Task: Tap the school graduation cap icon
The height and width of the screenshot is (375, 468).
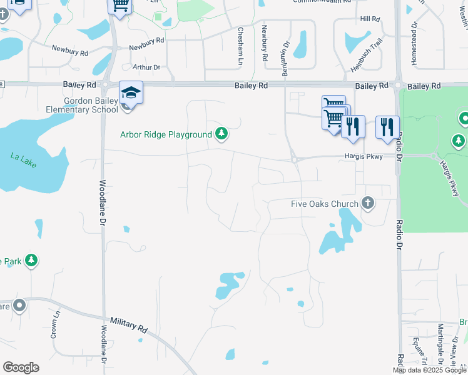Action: tap(131, 93)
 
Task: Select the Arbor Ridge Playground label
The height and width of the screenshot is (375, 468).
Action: tap(166, 134)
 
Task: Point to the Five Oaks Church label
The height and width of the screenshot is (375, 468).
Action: tap(325, 204)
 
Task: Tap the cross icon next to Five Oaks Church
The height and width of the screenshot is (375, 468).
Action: tap(368, 202)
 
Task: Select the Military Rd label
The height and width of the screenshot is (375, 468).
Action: tap(128, 324)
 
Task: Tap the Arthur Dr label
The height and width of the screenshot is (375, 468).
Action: tap(146, 67)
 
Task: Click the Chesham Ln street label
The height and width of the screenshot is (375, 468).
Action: tap(240, 45)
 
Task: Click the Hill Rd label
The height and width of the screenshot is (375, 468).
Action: tap(371, 19)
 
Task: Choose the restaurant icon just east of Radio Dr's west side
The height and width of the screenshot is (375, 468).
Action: tap(387, 127)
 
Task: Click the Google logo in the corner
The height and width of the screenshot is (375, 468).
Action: tap(21, 367)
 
